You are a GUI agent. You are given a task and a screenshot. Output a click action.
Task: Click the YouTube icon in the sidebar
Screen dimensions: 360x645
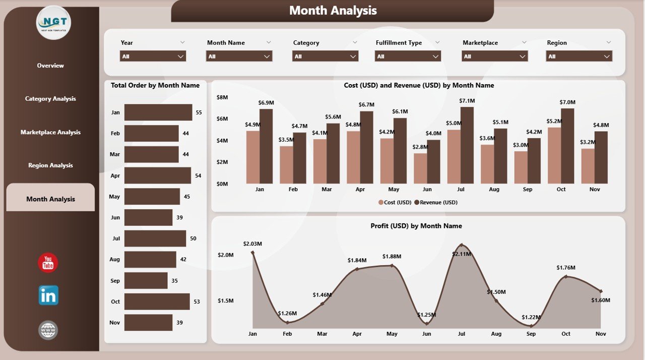pyautogui.click(x=48, y=263)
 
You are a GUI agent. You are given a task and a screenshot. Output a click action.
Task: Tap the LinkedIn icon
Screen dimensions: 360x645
pyautogui.click(x=48, y=295)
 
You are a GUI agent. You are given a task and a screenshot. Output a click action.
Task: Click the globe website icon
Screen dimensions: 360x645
pyautogui.click(x=48, y=330)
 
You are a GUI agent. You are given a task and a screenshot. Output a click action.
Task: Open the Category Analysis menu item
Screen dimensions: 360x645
pyautogui.click(x=50, y=99)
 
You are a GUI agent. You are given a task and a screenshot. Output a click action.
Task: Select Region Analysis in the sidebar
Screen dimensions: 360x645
pyautogui.click(x=50, y=165)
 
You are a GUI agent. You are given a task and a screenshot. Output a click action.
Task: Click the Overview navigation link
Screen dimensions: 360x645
pyautogui.click(x=50, y=66)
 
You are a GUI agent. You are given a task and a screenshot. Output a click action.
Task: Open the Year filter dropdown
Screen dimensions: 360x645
pyautogui.click(x=153, y=56)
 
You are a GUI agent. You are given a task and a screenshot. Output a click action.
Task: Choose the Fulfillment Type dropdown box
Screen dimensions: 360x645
pyautogui.click(x=408, y=56)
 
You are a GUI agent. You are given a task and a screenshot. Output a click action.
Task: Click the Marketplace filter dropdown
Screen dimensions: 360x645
pyautogui.click(x=495, y=56)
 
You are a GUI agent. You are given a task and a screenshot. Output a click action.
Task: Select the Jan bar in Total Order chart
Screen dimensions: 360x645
pyautogui.click(x=158, y=112)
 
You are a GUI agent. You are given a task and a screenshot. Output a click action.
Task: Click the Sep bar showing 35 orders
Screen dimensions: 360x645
pyautogui.click(x=146, y=281)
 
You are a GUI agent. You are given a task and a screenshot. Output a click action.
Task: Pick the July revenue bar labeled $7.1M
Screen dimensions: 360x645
pyautogui.click(x=467, y=145)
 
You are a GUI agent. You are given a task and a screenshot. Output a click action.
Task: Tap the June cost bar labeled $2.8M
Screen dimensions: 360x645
pyautogui.click(x=420, y=168)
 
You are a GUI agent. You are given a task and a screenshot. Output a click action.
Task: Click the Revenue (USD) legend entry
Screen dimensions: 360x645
pyautogui.click(x=436, y=202)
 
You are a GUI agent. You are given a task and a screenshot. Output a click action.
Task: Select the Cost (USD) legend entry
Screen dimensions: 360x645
pyautogui.click(x=395, y=202)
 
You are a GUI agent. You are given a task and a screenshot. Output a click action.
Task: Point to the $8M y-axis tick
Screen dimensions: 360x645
pyautogui.click(x=222, y=97)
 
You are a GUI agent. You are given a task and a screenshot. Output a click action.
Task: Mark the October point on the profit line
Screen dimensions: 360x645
pyautogui.click(x=566, y=276)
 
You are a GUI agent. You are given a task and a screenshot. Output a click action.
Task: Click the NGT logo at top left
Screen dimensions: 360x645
pyautogui.click(x=54, y=23)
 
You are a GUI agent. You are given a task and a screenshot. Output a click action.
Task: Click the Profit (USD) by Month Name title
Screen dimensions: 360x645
pyautogui.click(x=416, y=226)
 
